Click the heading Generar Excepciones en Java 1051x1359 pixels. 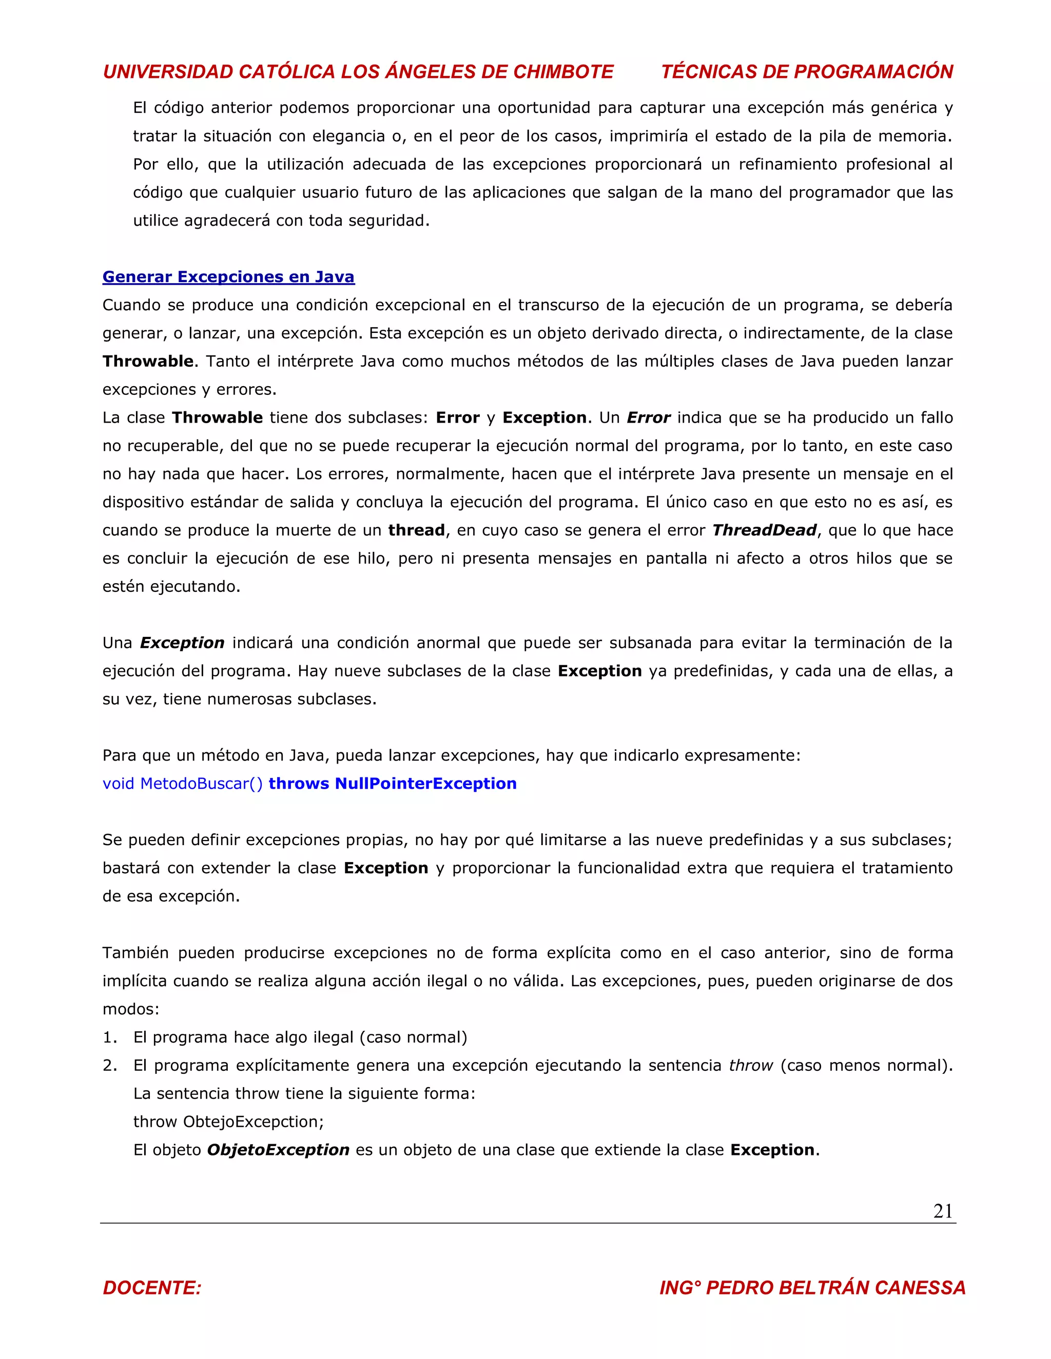[228, 277]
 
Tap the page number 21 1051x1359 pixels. [943, 1211]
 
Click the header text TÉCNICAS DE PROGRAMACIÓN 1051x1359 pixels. [807, 72]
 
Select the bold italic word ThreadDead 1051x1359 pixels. [764, 530]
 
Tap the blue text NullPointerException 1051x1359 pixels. [426, 784]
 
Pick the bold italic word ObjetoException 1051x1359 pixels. [278, 1150]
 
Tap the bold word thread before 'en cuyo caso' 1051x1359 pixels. [416, 530]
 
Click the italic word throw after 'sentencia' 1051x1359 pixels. [751, 1065]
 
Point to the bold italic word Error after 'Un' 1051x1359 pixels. [648, 417]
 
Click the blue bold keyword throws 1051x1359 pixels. [298, 784]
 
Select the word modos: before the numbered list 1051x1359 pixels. [131, 1009]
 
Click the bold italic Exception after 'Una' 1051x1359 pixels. [182, 643]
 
